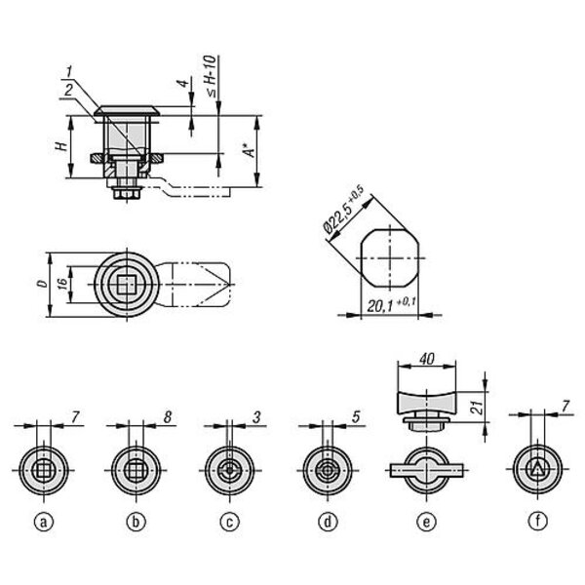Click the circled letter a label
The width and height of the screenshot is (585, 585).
click(44, 522)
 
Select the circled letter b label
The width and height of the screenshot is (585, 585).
click(136, 522)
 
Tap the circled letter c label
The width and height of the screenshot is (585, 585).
click(230, 522)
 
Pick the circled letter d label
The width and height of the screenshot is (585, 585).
click(328, 522)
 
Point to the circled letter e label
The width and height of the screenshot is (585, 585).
click(426, 522)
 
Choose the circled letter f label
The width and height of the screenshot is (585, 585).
click(537, 521)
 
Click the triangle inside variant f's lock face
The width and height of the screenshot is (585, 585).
click(537, 469)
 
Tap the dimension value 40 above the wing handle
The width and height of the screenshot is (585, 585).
click(427, 359)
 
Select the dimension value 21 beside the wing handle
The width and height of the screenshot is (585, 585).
click(477, 408)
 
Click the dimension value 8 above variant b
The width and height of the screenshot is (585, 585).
click(167, 416)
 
